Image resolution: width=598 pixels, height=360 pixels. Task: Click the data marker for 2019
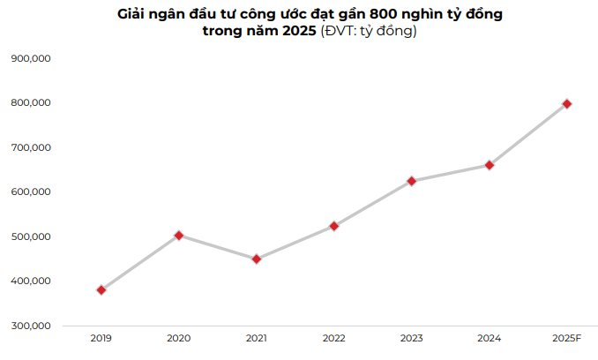click(x=101, y=289)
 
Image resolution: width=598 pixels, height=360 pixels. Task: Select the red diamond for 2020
click(x=179, y=236)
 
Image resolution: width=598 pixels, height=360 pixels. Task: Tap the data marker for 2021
click(x=257, y=259)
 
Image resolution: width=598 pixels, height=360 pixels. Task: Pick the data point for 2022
click(x=334, y=226)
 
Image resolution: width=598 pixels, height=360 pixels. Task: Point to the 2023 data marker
click(x=412, y=181)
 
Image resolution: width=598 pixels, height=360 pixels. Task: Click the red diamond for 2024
click(x=490, y=165)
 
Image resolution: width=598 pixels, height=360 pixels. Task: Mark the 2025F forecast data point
click(x=567, y=104)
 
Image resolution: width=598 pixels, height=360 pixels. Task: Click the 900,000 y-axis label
click(x=31, y=58)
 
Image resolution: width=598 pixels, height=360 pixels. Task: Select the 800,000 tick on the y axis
click(x=31, y=103)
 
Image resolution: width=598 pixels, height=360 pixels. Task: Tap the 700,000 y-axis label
click(x=31, y=147)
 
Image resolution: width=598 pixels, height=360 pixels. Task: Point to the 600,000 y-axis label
click(x=31, y=191)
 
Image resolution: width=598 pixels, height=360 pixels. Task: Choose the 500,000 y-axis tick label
click(x=31, y=236)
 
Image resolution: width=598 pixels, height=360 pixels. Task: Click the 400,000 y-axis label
click(x=31, y=281)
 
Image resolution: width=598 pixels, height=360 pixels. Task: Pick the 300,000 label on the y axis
click(x=31, y=326)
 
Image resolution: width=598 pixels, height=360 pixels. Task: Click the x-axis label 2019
click(x=101, y=338)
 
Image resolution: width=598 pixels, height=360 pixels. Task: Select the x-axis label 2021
click(x=257, y=338)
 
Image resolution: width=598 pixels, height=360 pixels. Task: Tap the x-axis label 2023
click(x=412, y=338)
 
